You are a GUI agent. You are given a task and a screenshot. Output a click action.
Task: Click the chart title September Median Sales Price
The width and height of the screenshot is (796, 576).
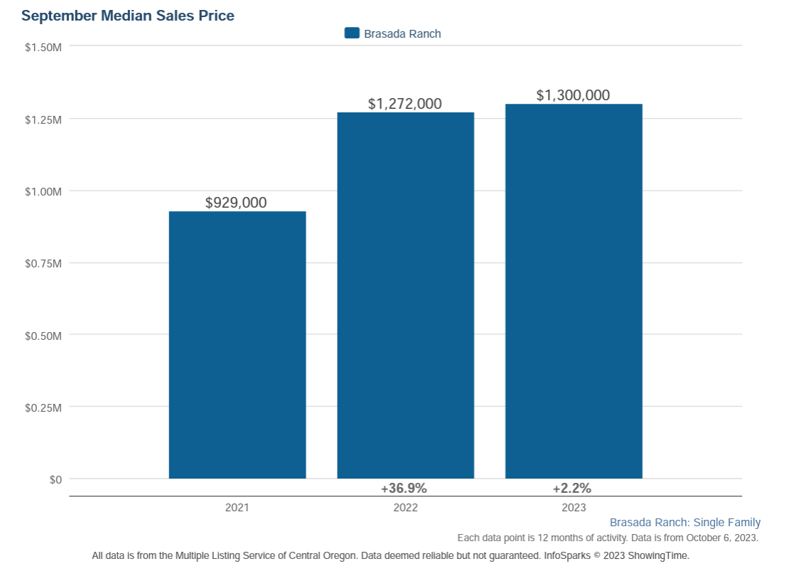tap(128, 15)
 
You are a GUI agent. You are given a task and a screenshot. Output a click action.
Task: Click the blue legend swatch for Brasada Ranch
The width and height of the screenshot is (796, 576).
tap(352, 33)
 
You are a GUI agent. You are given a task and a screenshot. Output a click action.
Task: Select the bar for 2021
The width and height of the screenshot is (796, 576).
tap(237, 345)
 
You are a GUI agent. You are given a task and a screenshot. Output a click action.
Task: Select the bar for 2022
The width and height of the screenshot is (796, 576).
tap(405, 295)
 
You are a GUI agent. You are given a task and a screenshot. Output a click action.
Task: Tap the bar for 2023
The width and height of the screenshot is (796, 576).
tap(574, 292)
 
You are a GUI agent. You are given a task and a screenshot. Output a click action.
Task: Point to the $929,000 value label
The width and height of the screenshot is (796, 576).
tap(236, 203)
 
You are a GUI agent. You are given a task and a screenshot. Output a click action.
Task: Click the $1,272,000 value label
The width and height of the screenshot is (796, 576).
tap(404, 104)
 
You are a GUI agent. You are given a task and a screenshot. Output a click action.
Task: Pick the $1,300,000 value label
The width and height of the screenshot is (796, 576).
tap(573, 95)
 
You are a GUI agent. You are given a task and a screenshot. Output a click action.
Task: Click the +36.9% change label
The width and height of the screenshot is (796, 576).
tap(404, 489)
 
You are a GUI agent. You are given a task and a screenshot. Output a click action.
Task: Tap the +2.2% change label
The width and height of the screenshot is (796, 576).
tap(572, 489)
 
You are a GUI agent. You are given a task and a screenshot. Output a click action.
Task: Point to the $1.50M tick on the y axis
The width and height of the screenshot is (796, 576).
tap(43, 46)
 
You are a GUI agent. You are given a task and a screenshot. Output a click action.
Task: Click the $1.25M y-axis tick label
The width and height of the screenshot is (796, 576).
tap(43, 119)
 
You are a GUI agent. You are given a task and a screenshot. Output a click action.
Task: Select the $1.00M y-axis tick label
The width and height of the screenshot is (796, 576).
tap(43, 191)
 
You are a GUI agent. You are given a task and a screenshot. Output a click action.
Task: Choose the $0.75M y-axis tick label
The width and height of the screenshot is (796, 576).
tap(43, 263)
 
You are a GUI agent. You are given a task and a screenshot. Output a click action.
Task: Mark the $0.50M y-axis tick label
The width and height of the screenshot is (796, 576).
tap(43, 335)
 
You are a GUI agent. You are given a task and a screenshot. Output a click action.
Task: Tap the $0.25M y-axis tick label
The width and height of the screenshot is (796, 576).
tap(43, 407)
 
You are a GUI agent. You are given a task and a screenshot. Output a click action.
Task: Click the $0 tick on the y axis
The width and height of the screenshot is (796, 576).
tap(55, 479)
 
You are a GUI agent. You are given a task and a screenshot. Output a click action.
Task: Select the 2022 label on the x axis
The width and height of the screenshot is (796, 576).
tap(405, 508)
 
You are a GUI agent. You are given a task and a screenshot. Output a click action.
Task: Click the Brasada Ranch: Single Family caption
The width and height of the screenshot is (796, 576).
tap(685, 523)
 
